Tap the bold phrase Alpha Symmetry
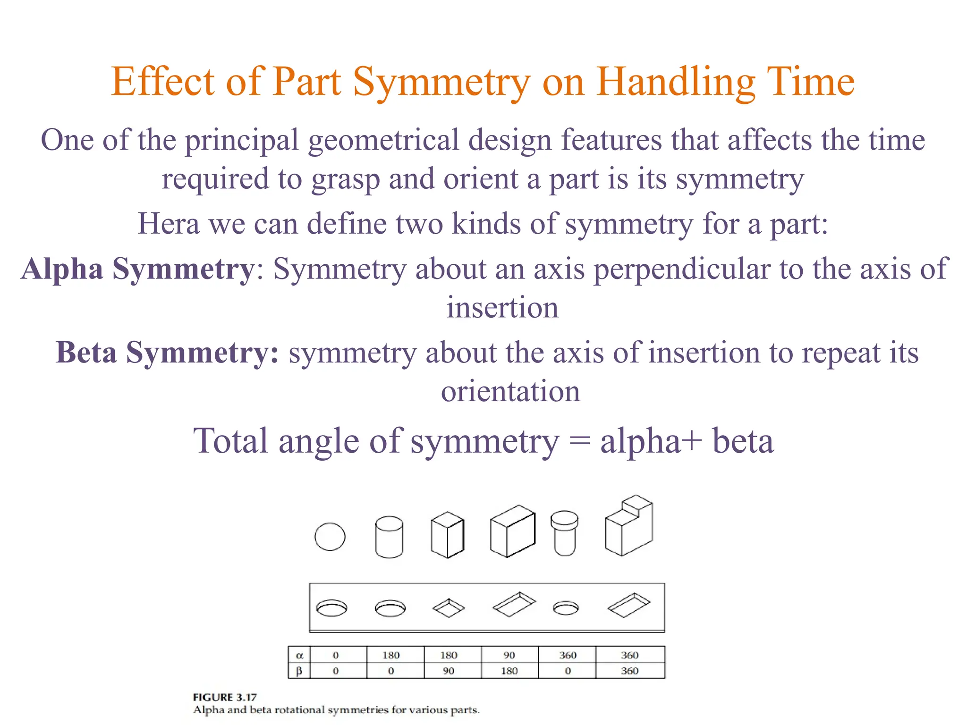137,270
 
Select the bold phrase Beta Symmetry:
167,353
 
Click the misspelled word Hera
168,224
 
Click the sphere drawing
330,537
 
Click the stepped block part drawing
629,526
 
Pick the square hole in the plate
449,608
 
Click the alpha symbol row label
299,655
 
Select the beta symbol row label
299,671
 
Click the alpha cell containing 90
509,655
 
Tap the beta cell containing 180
509,671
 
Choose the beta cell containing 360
629,671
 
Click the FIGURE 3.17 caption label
225,697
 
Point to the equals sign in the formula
579,442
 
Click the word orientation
510,392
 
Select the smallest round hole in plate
565,608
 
